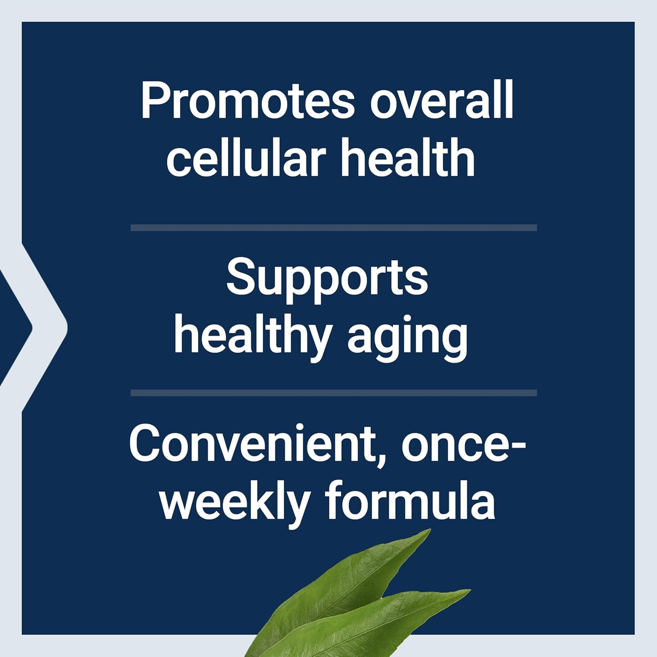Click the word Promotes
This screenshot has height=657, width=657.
coord(247,102)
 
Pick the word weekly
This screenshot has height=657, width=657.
coord(235,501)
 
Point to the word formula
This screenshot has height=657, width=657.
coord(410,501)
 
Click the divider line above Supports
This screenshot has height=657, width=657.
coord(334,228)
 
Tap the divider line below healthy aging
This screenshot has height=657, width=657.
coord(334,393)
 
